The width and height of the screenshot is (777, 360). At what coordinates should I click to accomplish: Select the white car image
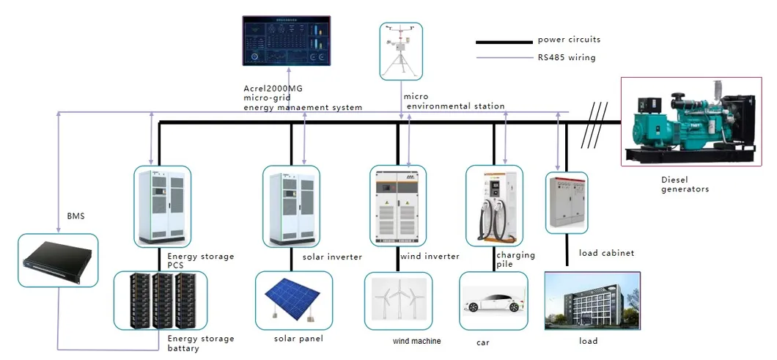click(493, 301)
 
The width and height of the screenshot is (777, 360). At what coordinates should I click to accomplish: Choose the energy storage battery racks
click(160, 301)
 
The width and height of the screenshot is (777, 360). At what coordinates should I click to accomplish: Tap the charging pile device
click(496, 205)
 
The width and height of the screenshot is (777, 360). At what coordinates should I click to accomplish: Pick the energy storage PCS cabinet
click(162, 206)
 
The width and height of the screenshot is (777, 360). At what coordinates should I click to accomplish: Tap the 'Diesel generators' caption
click(685, 184)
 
